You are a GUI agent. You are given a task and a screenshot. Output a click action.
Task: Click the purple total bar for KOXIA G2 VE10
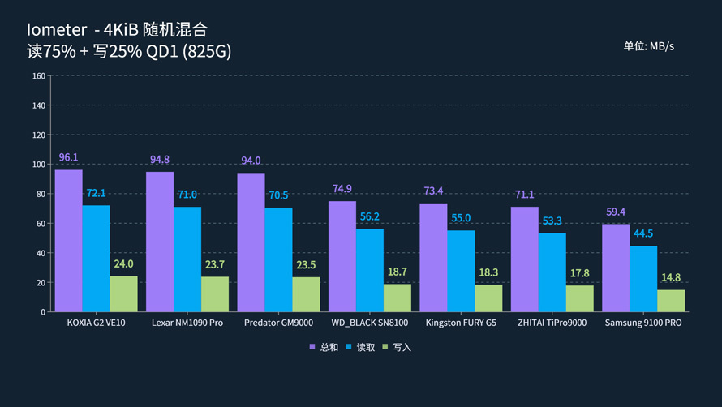pyautogui.click(x=68, y=241)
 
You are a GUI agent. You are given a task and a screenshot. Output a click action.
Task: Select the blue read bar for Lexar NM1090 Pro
pyautogui.click(x=187, y=259)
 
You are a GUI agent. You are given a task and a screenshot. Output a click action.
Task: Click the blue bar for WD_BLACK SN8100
pyautogui.click(x=370, y=270)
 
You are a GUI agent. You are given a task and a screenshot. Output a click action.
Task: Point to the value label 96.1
pyautogui.click(x=69, y=157)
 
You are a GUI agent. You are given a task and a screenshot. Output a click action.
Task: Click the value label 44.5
pyautogui.click(x=643, y=233)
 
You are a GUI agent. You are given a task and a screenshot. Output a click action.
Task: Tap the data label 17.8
pyautogui.click(x=580, y=273)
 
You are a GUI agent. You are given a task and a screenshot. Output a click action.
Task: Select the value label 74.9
pyautogui.click(x=342, y=189)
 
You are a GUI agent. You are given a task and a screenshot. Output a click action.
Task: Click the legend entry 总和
pyautogui.click(x=324, y=348)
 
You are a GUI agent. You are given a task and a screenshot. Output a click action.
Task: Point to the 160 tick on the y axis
pyautogui.click(x=38, y=76)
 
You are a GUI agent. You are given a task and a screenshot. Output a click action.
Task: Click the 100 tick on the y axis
pyautogui.click(x=38, y=165)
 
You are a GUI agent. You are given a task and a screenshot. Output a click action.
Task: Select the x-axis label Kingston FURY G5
pyautogui.click(x=461, y=323)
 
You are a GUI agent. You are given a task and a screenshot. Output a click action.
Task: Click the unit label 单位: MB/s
pyautogui.click(x=648, y=46)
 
